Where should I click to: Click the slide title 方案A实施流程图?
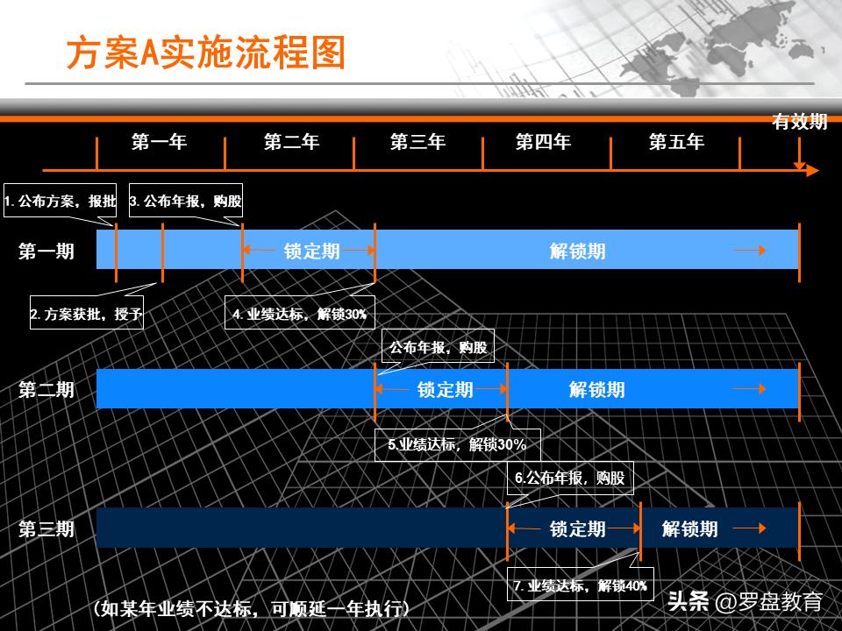(x=207, y=53)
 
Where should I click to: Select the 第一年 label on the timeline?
(x=160, y=142)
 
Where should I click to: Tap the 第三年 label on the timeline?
(x=417, y=142)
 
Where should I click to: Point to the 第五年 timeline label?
(x=676, y=142)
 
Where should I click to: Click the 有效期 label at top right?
(x=799, y=122)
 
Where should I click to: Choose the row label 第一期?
(x=46, y=252)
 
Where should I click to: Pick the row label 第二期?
(x=46, y=390)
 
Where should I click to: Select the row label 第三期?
(x=46, y=528)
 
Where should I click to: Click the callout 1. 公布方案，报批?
(x=61, y=202)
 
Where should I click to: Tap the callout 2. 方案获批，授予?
(x=86, y=314)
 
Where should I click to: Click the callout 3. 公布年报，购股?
(x=185, y=202)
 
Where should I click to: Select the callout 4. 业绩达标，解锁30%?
(x=300, y=314)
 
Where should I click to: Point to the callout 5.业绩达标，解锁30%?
(x=457, y=444)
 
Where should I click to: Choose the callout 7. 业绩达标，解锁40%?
(x=581, y=585)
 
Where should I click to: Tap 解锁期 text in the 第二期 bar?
(x=596, y=390)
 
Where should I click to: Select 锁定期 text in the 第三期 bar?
(x=577, y=528)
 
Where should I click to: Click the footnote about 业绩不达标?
(x=251, y=608)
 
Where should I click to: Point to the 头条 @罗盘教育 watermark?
(x=745, y=602)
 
